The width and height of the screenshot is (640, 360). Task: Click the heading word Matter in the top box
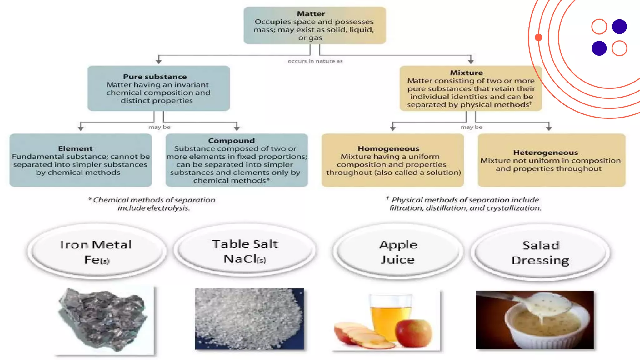click(x=311, y=14)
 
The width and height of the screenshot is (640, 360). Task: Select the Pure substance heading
click(x=155, y=77)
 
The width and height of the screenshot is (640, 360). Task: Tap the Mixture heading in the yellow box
click(x=466, y=72)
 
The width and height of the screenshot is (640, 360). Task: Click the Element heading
click(x=75, y=148)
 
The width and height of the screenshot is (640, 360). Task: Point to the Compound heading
click(x=231, y=141)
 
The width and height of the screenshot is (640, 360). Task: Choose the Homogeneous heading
click(x=388, y=148)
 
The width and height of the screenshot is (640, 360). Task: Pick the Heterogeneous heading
click(x=545, y=152)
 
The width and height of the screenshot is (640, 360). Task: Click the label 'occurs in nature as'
click(x=315, y=61)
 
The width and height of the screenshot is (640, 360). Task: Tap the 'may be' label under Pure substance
click(x=159, y=127)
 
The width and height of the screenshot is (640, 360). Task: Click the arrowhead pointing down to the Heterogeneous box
click(x=549, y=128)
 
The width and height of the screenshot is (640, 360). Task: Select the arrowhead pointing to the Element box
click(x=81, y=128)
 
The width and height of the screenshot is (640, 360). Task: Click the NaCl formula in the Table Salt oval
click(x=244, y=259)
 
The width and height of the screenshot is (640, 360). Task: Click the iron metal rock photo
click(x=103, y=319)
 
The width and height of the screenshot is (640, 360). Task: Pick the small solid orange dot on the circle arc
click(x=538, y=37)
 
